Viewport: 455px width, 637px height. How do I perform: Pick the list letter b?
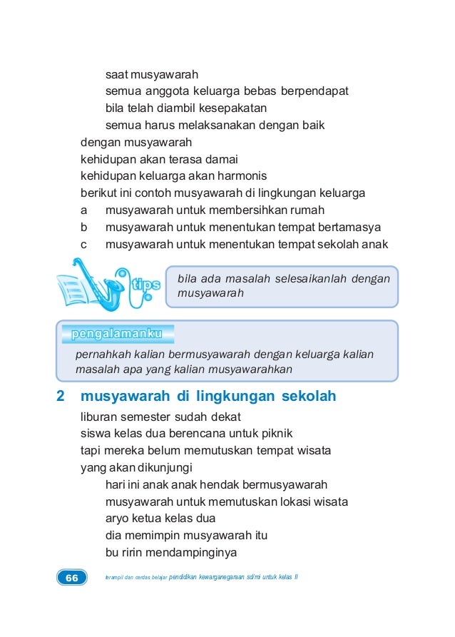pos(84,228)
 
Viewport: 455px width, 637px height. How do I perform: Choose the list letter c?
pos(84,245)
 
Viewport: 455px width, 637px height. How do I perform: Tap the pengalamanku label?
pos(118,334)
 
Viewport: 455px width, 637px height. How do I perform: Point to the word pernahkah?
pos(102,355)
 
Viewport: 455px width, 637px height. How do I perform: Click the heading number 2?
pos(61,396)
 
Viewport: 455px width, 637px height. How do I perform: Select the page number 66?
pos(71,578)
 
